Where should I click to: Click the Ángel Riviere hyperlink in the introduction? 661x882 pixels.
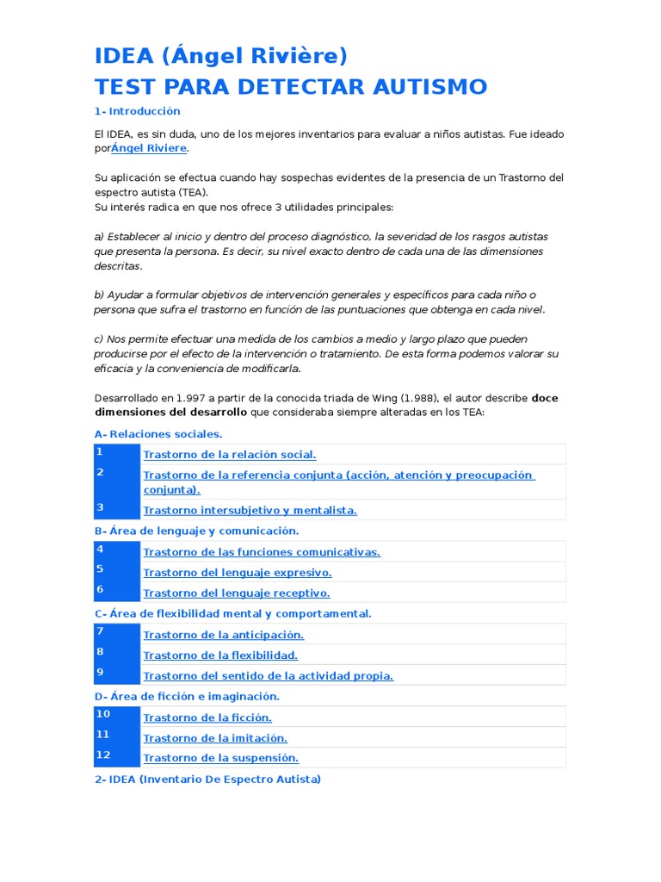[149, 148]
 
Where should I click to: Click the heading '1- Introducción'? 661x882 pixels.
[138, 111]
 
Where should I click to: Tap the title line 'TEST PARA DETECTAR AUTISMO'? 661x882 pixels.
[291, 86]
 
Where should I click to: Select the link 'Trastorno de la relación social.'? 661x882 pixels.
[230, 455]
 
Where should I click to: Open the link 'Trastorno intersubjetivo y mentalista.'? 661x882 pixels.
[250, 510]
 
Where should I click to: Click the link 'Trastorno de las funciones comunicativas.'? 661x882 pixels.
[262, 552]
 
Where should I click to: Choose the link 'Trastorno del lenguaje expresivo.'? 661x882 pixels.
[238, 573]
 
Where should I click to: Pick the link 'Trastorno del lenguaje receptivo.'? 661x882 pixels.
[237, 593]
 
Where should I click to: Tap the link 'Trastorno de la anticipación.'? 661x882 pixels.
[224, 635]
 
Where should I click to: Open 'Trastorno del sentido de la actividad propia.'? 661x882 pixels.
[269, 676]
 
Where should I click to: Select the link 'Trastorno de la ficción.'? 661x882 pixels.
[207, 717]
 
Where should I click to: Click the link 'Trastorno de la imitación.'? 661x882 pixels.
[215, 738]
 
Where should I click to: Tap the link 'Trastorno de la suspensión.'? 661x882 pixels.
[221, 759]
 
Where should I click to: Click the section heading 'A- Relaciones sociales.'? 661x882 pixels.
[158, 434]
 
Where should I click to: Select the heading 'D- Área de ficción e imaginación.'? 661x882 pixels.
[187, 696]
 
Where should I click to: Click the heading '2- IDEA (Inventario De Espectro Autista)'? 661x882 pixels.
[207, 780]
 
